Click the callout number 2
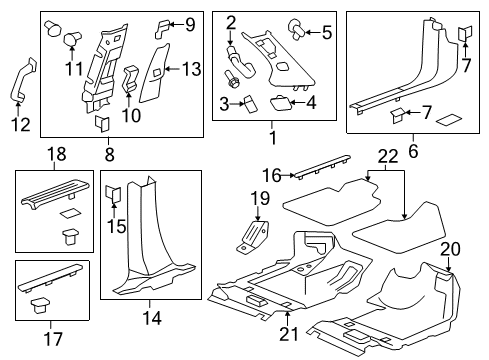point(231,22)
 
